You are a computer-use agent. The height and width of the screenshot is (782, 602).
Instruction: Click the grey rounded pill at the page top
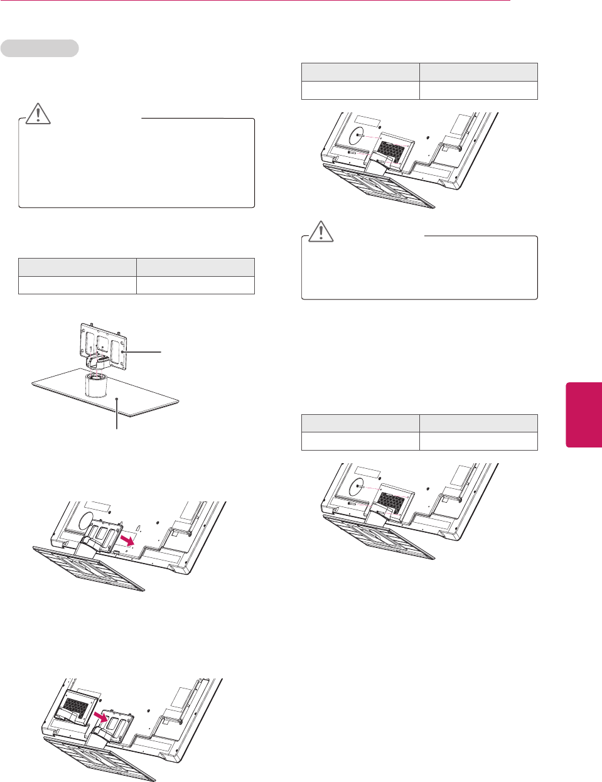click(x=40, y=48)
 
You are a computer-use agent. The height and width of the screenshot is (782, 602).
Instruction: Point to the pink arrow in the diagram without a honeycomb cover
click(x=128, y=540)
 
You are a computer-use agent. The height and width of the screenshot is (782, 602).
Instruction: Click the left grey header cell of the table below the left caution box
click(x=77, y=267)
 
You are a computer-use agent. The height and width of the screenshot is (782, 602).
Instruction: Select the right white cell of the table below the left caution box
click(x=195, y=286)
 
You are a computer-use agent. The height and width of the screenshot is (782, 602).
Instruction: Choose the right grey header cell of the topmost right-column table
click(x=478, y=72)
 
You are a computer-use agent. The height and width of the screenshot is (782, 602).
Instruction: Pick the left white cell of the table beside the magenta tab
click(x=360, y=441)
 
